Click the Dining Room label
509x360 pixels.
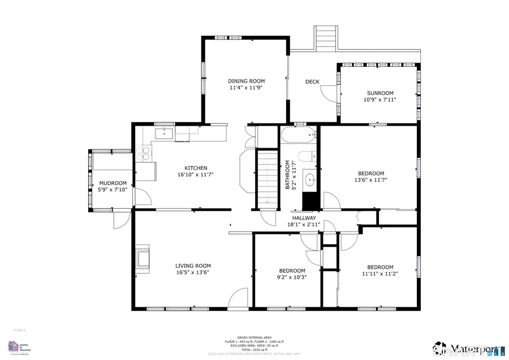click(x=246, y=81)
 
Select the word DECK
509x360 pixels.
click(x=312, y=82)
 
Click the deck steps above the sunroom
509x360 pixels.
click(x=326, y=38)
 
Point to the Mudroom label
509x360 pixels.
click(x=113, y=183)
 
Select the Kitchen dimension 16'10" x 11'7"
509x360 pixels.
click(x=196, y=175)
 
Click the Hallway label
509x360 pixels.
click(x=304, y=218)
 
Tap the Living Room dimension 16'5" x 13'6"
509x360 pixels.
click(x=193, y=272)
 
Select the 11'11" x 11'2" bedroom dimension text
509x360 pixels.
click(x=379, y=274)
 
